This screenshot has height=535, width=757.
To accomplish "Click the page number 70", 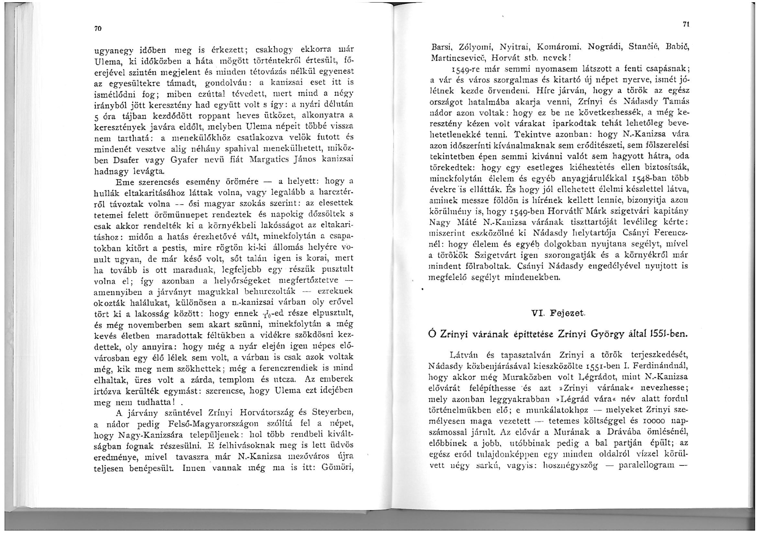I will click(98, 28).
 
